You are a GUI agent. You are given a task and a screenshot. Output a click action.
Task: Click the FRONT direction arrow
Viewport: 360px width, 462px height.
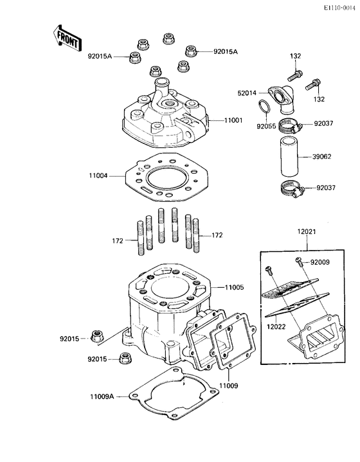(66, 39)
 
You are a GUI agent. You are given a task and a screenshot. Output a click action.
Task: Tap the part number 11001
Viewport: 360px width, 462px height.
(234, 120)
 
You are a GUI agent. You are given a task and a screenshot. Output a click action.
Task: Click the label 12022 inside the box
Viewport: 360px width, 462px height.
(277, 326)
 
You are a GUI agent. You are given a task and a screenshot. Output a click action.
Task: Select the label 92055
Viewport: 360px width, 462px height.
(267, 127)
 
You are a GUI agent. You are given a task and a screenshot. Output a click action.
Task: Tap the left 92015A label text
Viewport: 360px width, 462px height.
(100, 57)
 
